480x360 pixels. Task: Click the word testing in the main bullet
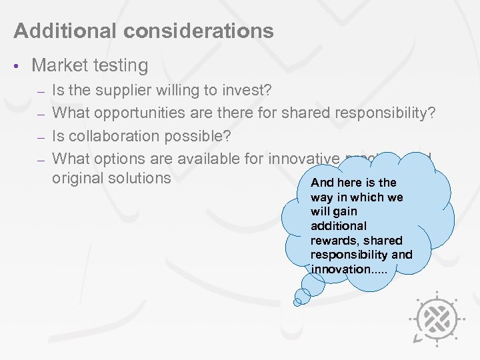click(123, 65)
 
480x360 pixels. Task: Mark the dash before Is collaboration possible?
click(40, 137)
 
